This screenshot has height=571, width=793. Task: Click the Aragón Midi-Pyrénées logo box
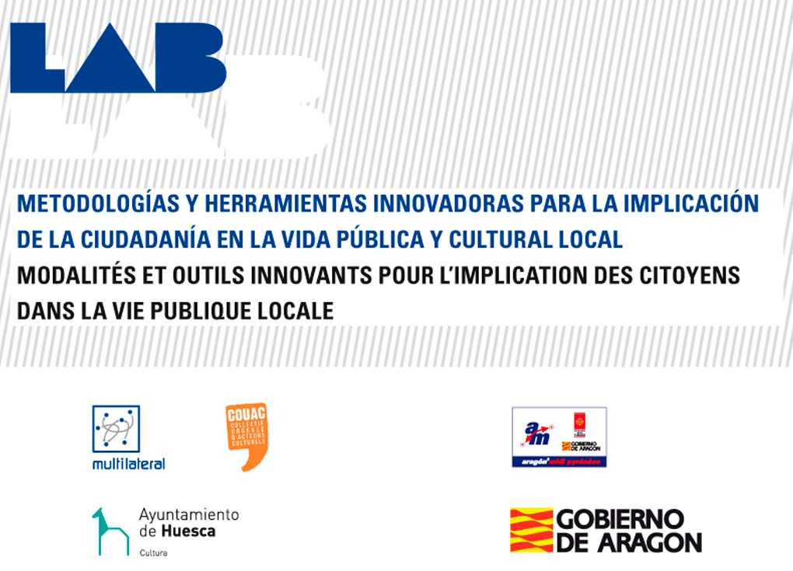(x=559, y=437)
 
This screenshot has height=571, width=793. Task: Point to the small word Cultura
(x=153, y=553)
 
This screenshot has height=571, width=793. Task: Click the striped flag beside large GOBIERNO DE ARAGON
(x=531, y=531)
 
